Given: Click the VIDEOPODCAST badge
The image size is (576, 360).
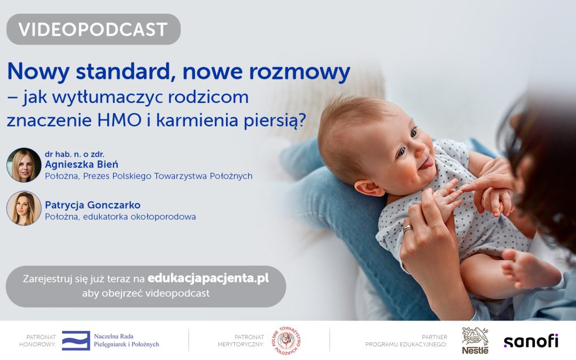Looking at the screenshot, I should pos(93,29).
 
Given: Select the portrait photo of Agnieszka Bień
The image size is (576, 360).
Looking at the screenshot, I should pos(24,165).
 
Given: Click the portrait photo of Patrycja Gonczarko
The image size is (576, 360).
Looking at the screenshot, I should pos(24,208).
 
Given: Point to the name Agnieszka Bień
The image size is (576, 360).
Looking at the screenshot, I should pos(82,164).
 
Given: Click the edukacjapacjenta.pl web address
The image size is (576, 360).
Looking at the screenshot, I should pos(208,278).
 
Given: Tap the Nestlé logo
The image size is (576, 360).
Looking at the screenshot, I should pos(475,341).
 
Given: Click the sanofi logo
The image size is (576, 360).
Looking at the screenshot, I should pos(531,341).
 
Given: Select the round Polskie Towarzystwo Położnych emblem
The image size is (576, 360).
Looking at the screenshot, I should pos(286,340).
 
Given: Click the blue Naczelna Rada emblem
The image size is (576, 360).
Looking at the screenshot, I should pos(76,340).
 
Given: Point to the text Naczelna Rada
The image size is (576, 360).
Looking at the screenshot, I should pos(114,337).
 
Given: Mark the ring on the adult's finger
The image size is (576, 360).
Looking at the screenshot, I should pos(407,229).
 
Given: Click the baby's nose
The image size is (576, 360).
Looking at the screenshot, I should pos(426,145).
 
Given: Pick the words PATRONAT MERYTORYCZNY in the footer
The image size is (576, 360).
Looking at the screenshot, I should pos(241,341).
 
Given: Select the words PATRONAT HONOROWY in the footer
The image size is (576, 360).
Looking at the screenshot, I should pos(41,341).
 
